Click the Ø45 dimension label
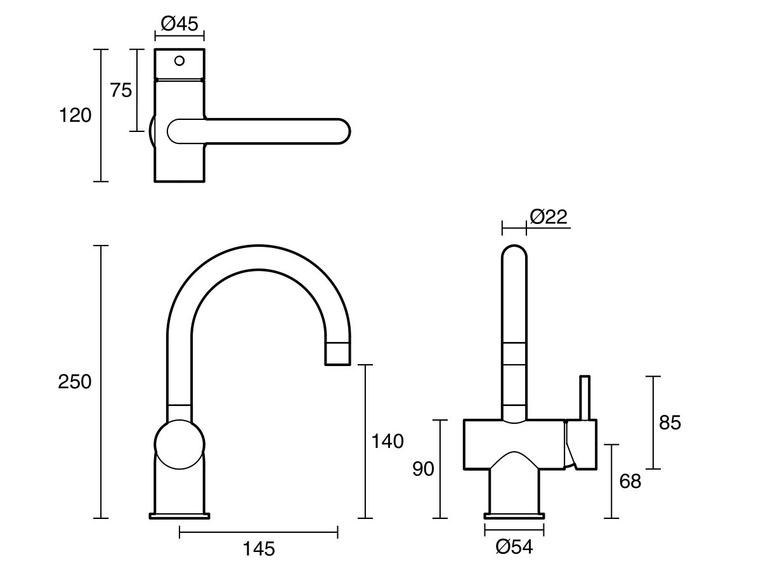click(179, 24)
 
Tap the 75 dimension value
click(121, 91)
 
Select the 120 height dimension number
click(75, 115)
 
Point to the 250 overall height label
click(75, 382)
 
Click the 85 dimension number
click(670, 423)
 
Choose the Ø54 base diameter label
click(514, 547)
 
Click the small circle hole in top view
click(179, 61)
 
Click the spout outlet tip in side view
click(337, 355)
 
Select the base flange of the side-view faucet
click(179, 515)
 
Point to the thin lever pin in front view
click(585, 397)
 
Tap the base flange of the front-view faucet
click(514, 515)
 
